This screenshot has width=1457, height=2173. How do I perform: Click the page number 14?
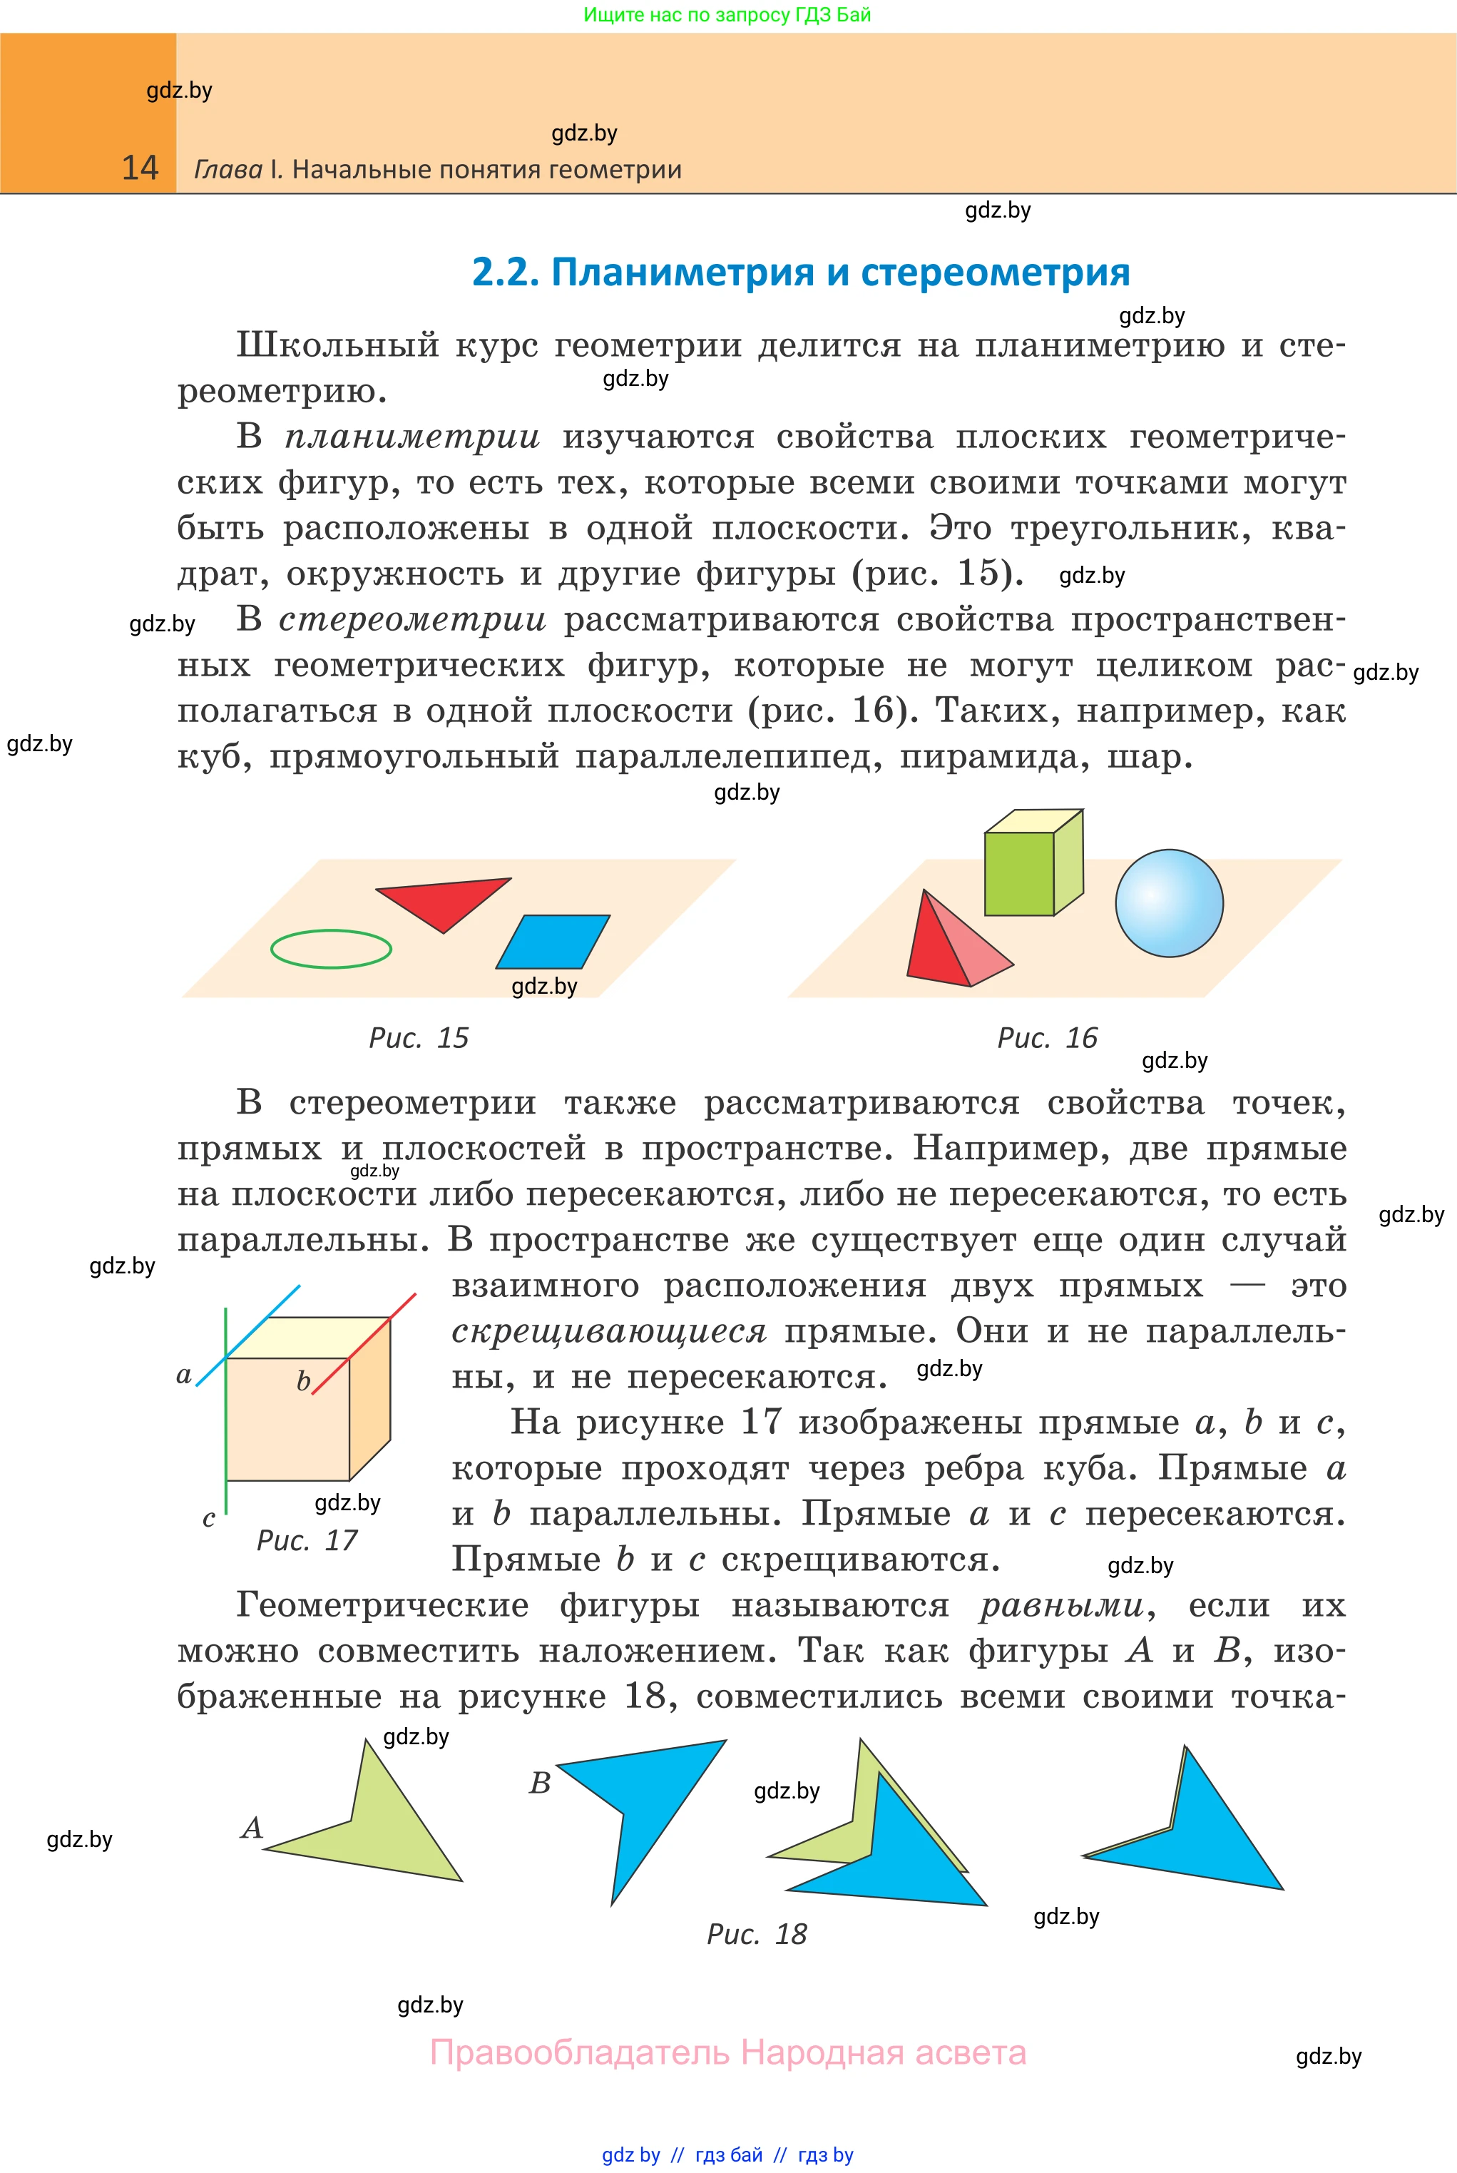[x=140, y=168]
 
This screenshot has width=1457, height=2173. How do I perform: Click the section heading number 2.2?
[x=504, y=273]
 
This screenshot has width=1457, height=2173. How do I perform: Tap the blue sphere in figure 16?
[x=1169, y=902]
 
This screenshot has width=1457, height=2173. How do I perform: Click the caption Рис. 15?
[x=419, y=1037]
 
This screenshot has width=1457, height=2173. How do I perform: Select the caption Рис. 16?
[x=1047, y=1037]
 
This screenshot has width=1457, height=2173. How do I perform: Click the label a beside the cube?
[x=184, y=1375]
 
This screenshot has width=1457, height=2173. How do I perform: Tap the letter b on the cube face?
[x=303, y=1382]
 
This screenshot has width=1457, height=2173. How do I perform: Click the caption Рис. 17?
[x=307, y=1540]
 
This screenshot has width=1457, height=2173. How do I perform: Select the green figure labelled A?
[x=381, y=1826]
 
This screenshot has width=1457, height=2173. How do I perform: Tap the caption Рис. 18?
[x=757, y=1934]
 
